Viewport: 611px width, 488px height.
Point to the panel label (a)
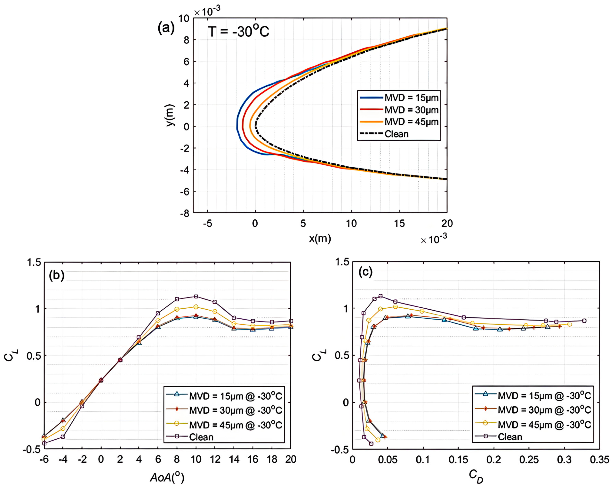(x=166, y=28)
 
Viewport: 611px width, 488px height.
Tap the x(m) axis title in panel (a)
(x=320, y=238)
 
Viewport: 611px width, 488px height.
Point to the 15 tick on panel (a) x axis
(x=399, y=224)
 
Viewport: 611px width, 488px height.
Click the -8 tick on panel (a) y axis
(x=185, y=213)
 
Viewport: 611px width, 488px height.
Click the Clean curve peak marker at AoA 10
(x=196, y=296)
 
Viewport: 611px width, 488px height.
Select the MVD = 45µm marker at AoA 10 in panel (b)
(x=196, y=307)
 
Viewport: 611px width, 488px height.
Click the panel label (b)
(x=57, y=275)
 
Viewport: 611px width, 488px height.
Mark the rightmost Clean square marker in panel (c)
(x=584, y=321)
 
